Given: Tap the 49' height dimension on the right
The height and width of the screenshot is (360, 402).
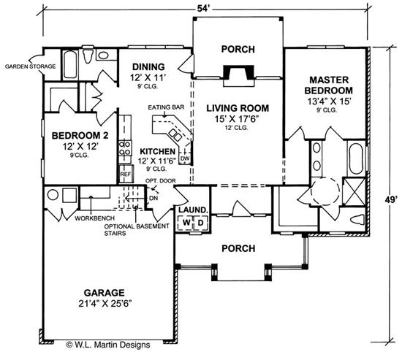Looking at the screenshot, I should [392, 198].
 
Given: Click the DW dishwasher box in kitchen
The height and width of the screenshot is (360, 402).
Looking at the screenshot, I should [185, 158].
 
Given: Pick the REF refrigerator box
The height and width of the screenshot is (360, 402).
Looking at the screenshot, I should [125, 175].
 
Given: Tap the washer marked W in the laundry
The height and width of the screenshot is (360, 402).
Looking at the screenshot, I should [186, 222].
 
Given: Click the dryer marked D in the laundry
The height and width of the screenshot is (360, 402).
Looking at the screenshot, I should [199, 222].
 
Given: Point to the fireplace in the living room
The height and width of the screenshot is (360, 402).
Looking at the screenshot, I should [237, 73].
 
